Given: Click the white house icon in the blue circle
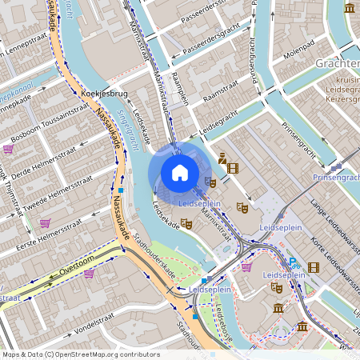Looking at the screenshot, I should pyautogui.click(x=180, y=172).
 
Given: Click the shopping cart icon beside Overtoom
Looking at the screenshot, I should pyautogui.click(x=89, y=274).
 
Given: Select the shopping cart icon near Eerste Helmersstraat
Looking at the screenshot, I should pyautogui.click(x=45, y=223).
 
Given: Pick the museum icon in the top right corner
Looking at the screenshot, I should pyautogui.click(x=350, y=8).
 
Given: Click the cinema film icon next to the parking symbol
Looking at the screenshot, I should pyautogui.click(x=313, y=267).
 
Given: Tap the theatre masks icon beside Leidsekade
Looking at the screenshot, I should pyautogui.click(x=186, y=225).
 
